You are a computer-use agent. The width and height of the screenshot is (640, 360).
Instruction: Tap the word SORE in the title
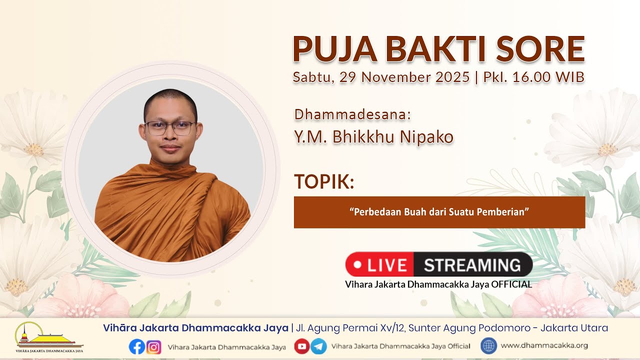coord(541,49)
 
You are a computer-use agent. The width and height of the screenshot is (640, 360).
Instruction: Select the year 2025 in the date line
coord(452,77)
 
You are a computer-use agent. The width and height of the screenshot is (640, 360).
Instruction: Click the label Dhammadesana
coord(352,114)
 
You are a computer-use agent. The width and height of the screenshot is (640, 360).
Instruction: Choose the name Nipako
coord(426,137)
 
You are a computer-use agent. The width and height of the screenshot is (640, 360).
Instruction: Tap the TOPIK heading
coord(324,181)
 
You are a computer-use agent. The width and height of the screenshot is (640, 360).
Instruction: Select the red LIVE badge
coord(379,264)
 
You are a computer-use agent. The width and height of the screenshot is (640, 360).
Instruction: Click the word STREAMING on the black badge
coord(472,265)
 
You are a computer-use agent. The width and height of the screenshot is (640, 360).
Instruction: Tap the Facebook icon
coord(137,347)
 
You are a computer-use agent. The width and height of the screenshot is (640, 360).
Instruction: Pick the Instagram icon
coord(153,347)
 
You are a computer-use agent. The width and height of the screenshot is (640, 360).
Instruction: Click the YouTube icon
coord(302,346)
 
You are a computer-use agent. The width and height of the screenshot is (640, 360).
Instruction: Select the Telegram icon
coord(318,346)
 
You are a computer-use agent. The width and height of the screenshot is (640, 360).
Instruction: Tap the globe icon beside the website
coord(488,346)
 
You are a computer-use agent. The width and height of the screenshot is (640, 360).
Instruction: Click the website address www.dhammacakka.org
coord(544,345)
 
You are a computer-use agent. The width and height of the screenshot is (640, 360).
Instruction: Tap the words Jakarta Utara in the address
coord(574,328)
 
